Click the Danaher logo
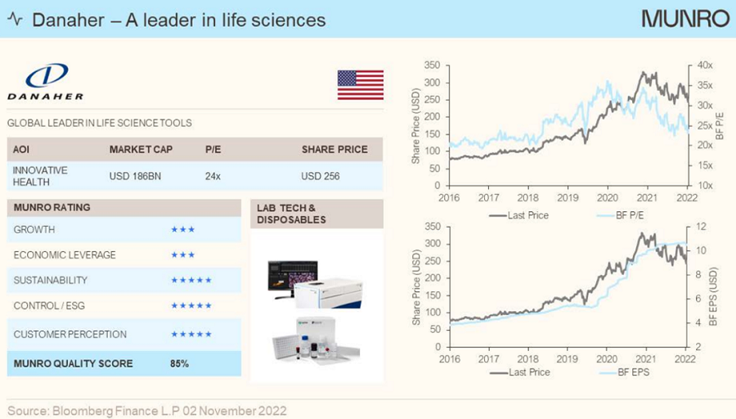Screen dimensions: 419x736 [x=45, y=83]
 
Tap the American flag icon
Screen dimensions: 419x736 [x=360, y=84]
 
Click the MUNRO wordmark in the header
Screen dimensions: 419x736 [x=684, y=19]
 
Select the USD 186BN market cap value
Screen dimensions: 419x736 [x=136, y=176]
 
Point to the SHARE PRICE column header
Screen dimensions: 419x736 [x=334, y=150]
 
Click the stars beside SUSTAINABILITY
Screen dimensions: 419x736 [x=191, y=281]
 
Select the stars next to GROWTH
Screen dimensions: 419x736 [x=182, y=230]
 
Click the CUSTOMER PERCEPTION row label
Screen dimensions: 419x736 [x=70, y=334]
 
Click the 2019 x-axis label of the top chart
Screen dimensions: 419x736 [x=568, y=198]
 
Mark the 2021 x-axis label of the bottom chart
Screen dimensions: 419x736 [x=648, y=359]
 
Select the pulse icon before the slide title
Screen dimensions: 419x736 [x=15, y=19]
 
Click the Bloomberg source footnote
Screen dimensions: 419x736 [x=147, y=409]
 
